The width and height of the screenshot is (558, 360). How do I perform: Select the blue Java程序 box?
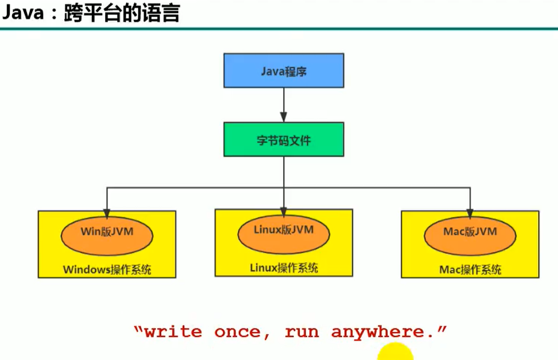click(283, 71)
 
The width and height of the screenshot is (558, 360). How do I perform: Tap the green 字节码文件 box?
click(283, 140)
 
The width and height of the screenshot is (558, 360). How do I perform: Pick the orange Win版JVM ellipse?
click(107, 233)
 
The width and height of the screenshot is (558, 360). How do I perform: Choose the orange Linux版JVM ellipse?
click(283, 232)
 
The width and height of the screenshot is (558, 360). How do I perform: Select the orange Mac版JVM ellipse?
click(470, 233)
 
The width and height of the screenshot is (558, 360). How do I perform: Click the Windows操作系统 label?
click(107, 269)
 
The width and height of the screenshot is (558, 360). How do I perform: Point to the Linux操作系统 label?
click(284, 268)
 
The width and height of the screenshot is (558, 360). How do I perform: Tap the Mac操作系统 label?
click(470, 269)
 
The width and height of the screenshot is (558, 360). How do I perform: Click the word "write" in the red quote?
click(173, 332)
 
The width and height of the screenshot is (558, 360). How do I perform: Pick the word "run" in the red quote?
click(302, 332)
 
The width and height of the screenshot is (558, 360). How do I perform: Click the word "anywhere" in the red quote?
click(378, 332)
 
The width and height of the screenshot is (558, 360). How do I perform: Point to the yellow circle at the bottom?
click(395, 353)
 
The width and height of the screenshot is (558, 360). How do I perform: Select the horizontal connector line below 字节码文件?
click(196, 187)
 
